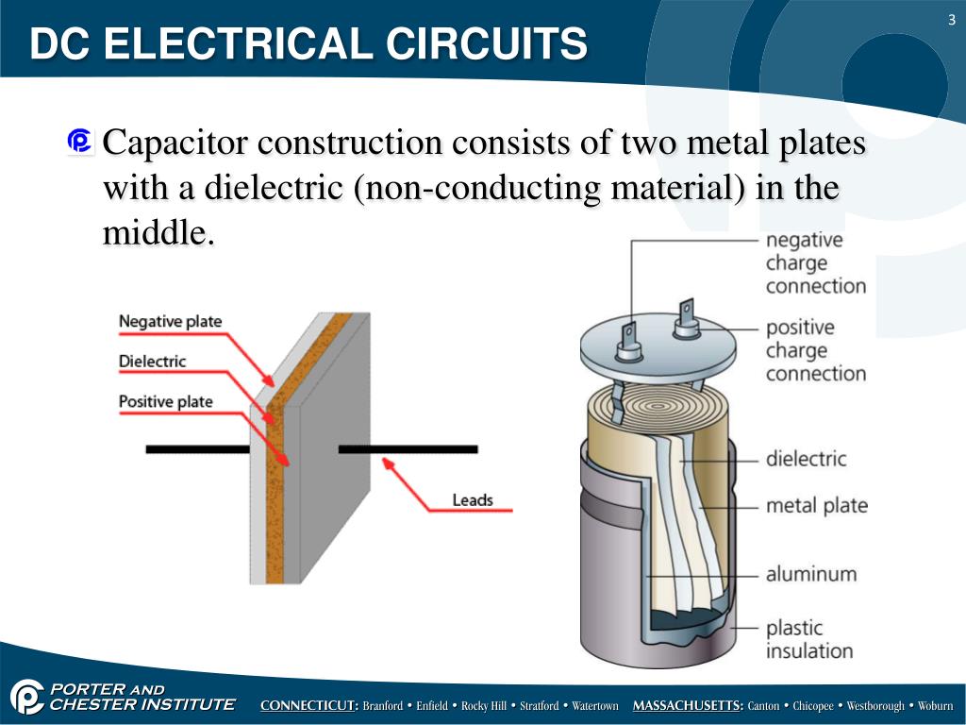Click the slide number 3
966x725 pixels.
click(x=952, y=21)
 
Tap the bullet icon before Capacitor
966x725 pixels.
click(x=80, y=142)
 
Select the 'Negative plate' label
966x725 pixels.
click(x=170, y=321)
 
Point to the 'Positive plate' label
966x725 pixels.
click(x=165, y=401)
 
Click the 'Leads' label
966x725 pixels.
click(x=473, y=499)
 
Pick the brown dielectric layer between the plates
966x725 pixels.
click(x=275, y=491)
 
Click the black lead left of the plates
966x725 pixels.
click(x=197, y=449)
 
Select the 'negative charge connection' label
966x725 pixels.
click(x=815, y=262)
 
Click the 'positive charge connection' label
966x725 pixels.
click(x=815, y=350)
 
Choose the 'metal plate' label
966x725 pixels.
click(x=816, y=506)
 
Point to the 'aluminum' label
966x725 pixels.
click(x=810, y=573)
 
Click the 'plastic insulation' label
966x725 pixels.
click(x=808, y=639)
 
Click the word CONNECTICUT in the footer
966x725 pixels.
click(x=308, y=706)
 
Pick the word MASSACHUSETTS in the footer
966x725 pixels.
click(x=688, y=706)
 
